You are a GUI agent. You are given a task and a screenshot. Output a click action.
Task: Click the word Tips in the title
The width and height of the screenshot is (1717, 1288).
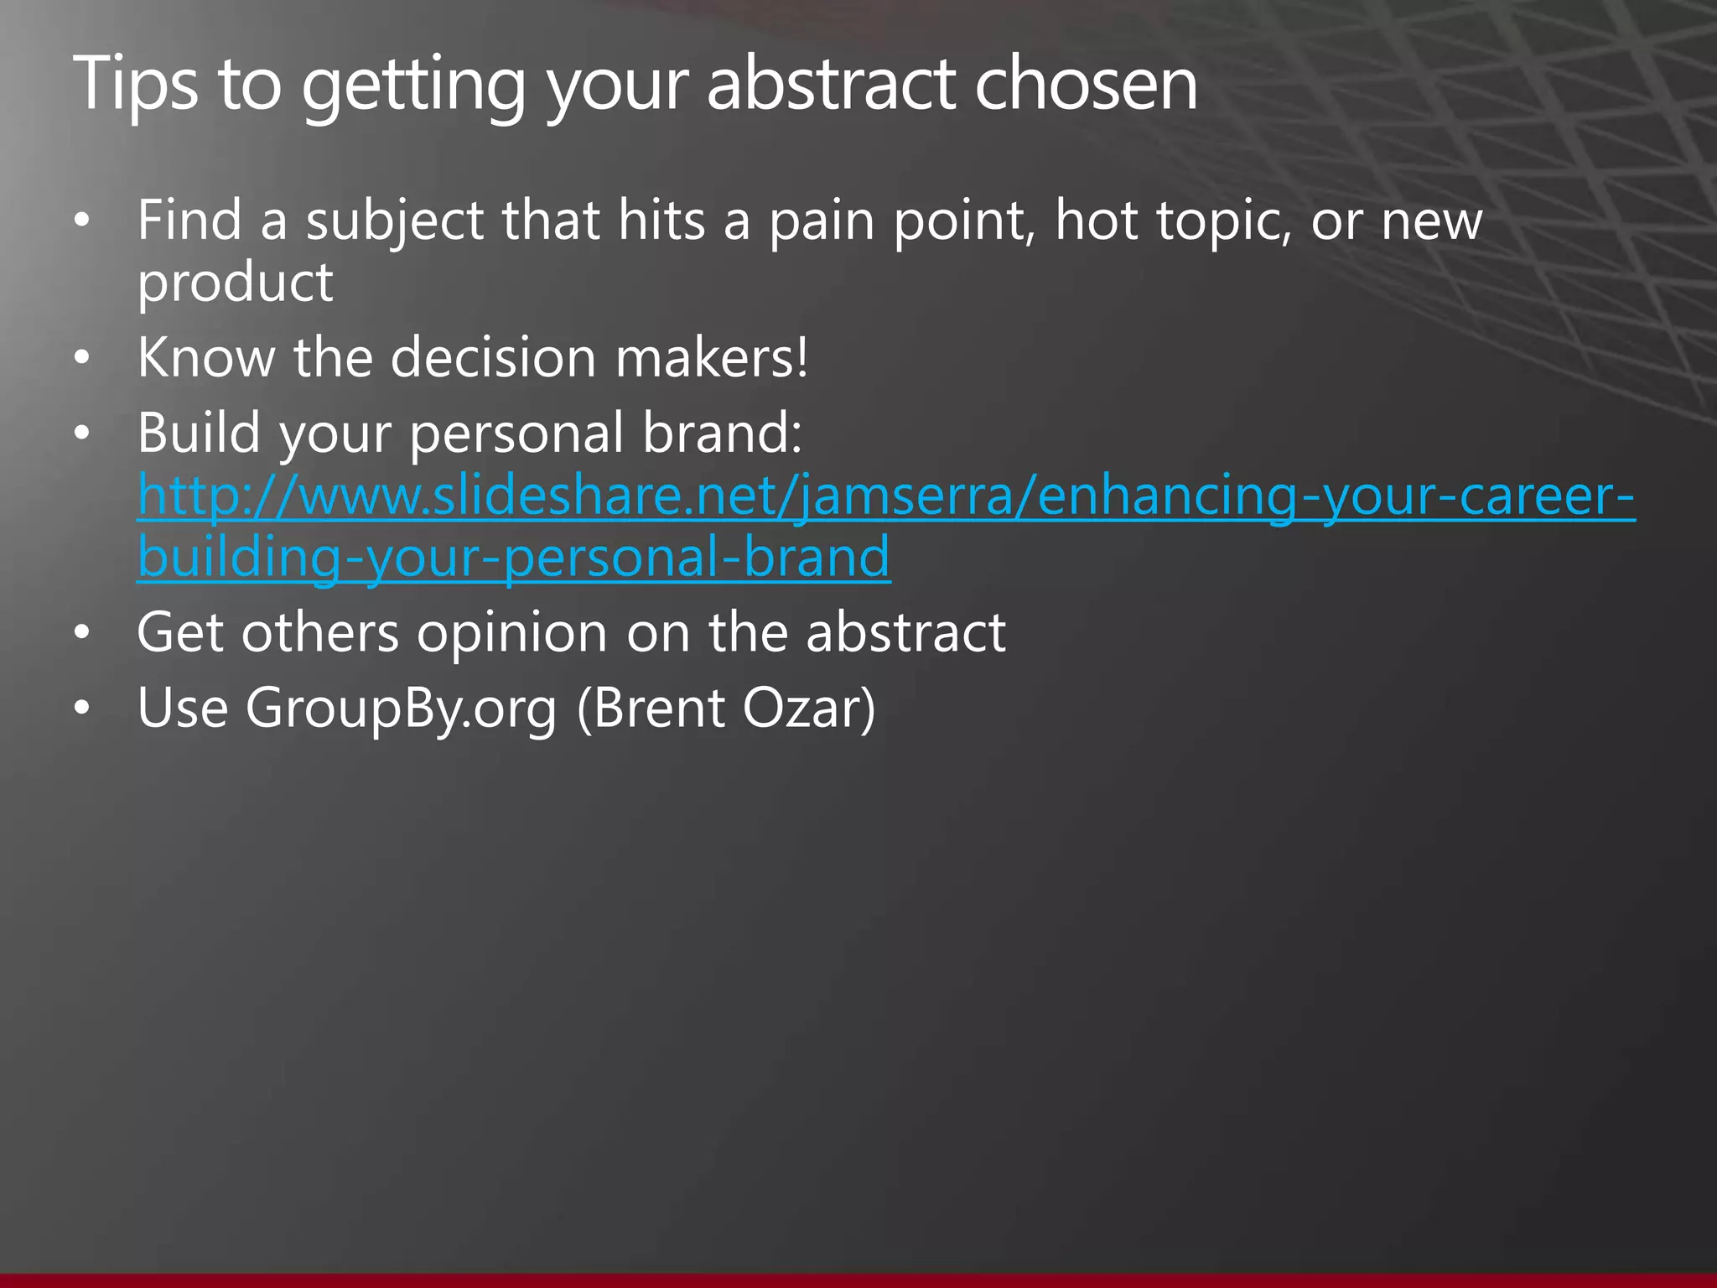coord(134,84)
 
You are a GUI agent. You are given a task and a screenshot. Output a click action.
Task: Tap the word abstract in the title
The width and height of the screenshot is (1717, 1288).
coord(830,84)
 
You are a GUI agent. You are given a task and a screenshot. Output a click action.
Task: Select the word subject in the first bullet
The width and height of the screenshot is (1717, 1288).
coord(395,221)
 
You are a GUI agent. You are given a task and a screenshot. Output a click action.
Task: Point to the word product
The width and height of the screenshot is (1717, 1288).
coord(235,283)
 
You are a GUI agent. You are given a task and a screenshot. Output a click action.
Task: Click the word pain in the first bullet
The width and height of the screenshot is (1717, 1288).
coord(822,221)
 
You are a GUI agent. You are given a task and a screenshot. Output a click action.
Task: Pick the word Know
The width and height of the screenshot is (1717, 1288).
coord(206,358)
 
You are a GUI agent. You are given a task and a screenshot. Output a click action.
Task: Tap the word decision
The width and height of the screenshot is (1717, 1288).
coord(493,358)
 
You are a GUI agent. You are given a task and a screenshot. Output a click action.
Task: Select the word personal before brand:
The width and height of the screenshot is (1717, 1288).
coord(516,434)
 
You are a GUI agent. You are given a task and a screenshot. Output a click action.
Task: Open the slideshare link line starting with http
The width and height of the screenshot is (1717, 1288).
coord(885,496)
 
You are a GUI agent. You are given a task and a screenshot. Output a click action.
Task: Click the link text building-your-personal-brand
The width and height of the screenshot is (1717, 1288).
coord(513,558)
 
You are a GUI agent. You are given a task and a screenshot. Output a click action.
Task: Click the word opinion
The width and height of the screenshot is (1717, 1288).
coord(511,633)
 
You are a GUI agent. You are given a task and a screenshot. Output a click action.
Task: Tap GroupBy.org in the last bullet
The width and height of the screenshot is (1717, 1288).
coord(401,709)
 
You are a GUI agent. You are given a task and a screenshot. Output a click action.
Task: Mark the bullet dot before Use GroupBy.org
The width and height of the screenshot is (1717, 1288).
coord(80,709)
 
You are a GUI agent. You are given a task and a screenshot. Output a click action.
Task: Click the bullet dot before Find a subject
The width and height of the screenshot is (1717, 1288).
coord(80,221)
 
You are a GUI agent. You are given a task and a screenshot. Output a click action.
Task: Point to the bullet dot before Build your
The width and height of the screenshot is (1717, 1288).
coord(80,434)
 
